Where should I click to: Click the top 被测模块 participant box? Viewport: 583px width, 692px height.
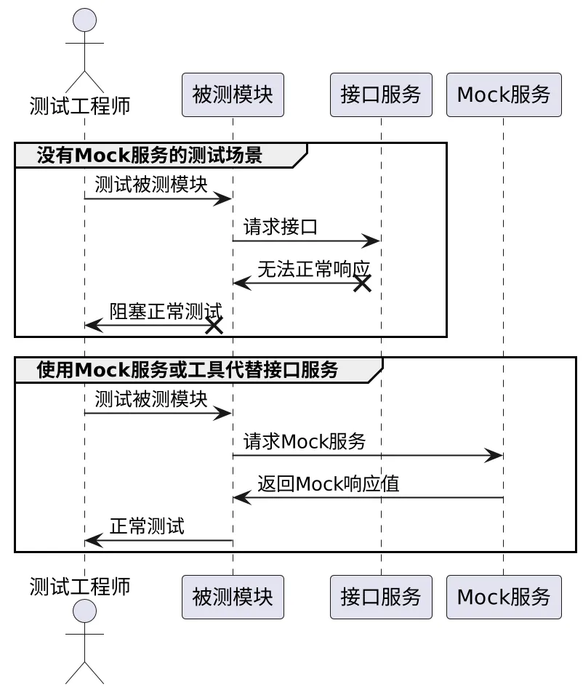pos(233,95)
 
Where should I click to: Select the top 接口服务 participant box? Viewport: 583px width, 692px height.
pos(381,95)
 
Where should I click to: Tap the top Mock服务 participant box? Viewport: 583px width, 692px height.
pos(504,95)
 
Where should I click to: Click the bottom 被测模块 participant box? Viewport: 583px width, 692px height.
pos(233,597)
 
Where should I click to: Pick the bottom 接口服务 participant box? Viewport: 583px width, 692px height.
pos(381,597)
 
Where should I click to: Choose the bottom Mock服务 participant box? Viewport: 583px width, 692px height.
pos(504,597)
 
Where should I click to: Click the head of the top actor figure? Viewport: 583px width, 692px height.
pos(85,20)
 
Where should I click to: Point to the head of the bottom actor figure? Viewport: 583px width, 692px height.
pos(85,611)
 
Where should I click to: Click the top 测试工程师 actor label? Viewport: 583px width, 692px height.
pos(80,106)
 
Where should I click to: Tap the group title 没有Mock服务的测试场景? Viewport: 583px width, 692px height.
pos(150,156)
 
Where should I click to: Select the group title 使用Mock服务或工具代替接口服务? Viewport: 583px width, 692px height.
pos(188,370)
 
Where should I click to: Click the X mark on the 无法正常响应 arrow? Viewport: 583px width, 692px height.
pos(362,283)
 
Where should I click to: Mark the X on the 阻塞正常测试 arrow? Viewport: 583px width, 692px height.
pos(214,326)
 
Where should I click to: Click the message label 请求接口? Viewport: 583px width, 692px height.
pos(281,227)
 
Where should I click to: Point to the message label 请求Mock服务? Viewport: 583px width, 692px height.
pos(305,441)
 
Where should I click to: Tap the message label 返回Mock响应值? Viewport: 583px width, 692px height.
pos(329,483)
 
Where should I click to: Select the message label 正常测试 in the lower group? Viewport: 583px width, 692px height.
pos(147,526)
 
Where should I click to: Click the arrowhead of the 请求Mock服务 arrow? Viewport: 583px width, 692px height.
pos(494,456)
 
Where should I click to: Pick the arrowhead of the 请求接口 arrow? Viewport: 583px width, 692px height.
pos(371,241)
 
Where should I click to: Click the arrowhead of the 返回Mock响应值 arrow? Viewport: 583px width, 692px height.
pos(242,498)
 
